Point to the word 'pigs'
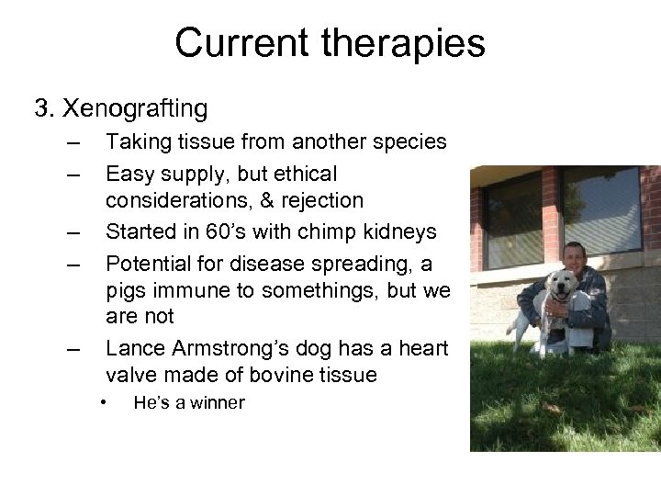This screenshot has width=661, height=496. tap(129, 291)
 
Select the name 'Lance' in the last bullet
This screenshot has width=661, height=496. tap(137, 348)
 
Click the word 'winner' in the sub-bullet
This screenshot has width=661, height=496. tap(217, 402)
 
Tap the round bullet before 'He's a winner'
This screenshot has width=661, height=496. tap(106, 401)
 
